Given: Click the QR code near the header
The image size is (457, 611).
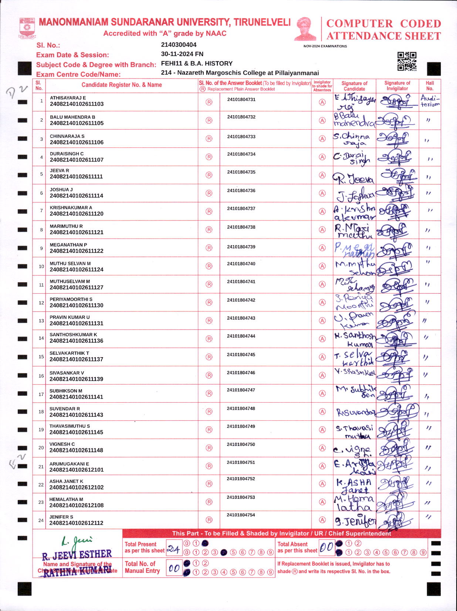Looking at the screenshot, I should tap(407, 61).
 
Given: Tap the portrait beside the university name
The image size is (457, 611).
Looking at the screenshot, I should tap(305, 29).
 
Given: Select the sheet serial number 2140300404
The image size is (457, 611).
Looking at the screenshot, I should tap(179, 45).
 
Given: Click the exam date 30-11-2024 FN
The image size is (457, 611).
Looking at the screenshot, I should tap(182, 54).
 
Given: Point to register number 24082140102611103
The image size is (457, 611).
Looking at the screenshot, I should tap(77, 104).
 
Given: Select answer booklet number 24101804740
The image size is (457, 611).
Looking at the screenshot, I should tap(241, 264).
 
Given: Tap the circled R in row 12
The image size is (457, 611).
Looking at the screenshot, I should tap(209, 303).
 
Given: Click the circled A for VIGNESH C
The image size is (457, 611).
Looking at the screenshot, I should tap(322, 448).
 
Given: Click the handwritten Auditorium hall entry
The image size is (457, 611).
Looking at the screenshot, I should tap(430, 101).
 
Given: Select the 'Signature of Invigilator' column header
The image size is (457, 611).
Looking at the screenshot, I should tap(397, 86).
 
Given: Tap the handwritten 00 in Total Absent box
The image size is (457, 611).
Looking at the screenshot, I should tap(326, 547).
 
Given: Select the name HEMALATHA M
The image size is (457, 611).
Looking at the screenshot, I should tap(66, 499).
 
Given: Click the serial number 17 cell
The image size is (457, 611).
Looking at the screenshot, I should tap(41, 394).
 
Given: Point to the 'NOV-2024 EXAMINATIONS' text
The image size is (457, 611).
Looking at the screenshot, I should tap(325, 46).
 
